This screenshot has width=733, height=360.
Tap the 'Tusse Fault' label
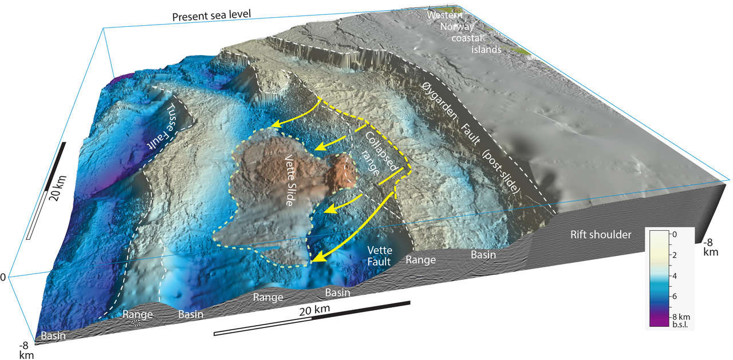167,126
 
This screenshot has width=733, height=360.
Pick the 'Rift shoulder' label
600,235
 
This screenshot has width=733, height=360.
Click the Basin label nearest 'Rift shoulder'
483,254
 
